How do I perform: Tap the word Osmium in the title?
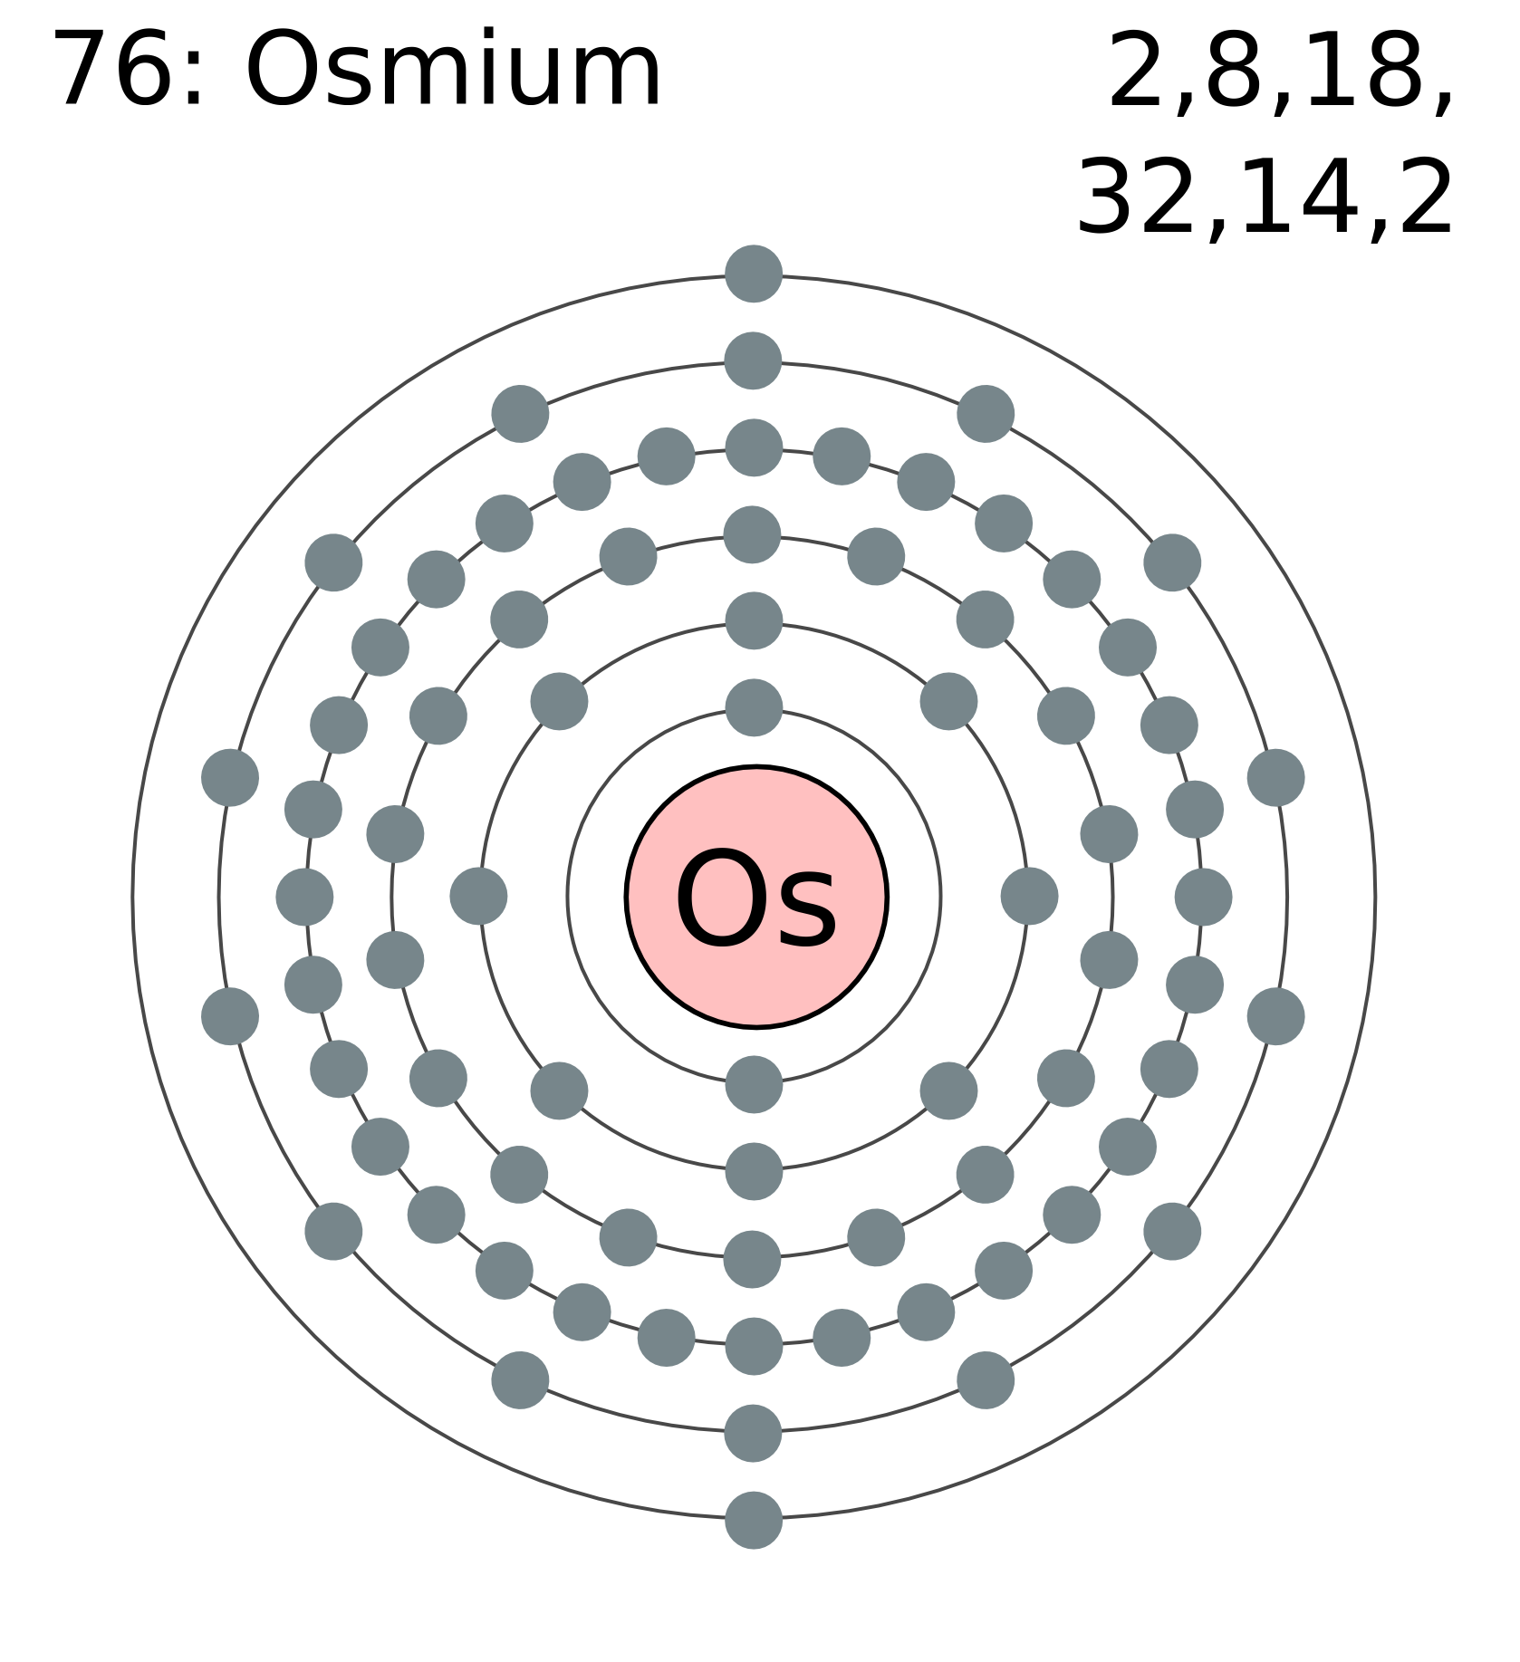[454, 70]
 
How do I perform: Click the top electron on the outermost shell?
[754, 274]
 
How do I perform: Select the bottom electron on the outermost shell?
[754, 1521]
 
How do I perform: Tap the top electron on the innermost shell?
[754, 707]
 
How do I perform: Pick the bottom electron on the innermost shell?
[754, 1084]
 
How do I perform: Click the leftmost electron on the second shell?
[478, 896]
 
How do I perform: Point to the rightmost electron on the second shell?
[1029, 896]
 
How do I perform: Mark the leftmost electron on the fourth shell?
[304, 897]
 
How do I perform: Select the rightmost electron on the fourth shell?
[1203, 897]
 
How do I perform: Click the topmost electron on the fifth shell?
[754, 360]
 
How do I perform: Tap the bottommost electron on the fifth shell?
[754, 1433]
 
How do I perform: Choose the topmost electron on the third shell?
[753, 534]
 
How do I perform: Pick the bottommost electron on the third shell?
[753, 1259]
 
